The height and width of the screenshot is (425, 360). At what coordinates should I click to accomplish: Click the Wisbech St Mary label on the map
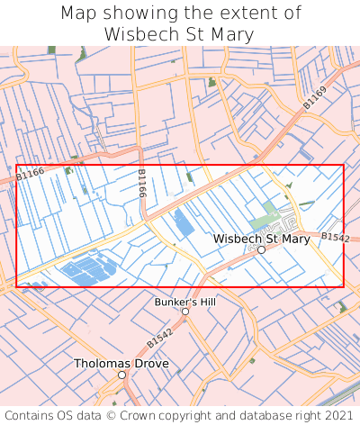coord(261,239)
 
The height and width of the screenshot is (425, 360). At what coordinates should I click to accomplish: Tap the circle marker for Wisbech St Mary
coord(261,250)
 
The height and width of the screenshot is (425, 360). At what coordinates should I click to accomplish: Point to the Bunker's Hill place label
coord(185,301)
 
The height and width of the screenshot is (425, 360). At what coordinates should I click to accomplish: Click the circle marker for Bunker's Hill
coord(185,311)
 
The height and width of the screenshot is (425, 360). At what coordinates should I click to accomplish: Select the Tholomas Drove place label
coord(121,364)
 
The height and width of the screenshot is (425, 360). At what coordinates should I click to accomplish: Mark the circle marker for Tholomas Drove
coord(121,375)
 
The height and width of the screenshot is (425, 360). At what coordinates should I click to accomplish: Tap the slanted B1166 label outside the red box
coord(30,174)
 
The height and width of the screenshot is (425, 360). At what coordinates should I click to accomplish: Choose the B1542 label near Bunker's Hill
coord(159,339)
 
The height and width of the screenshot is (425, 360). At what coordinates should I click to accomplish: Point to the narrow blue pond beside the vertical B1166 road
coord(184,223)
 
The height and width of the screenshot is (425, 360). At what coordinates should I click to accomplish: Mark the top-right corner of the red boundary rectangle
coord(343,165)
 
